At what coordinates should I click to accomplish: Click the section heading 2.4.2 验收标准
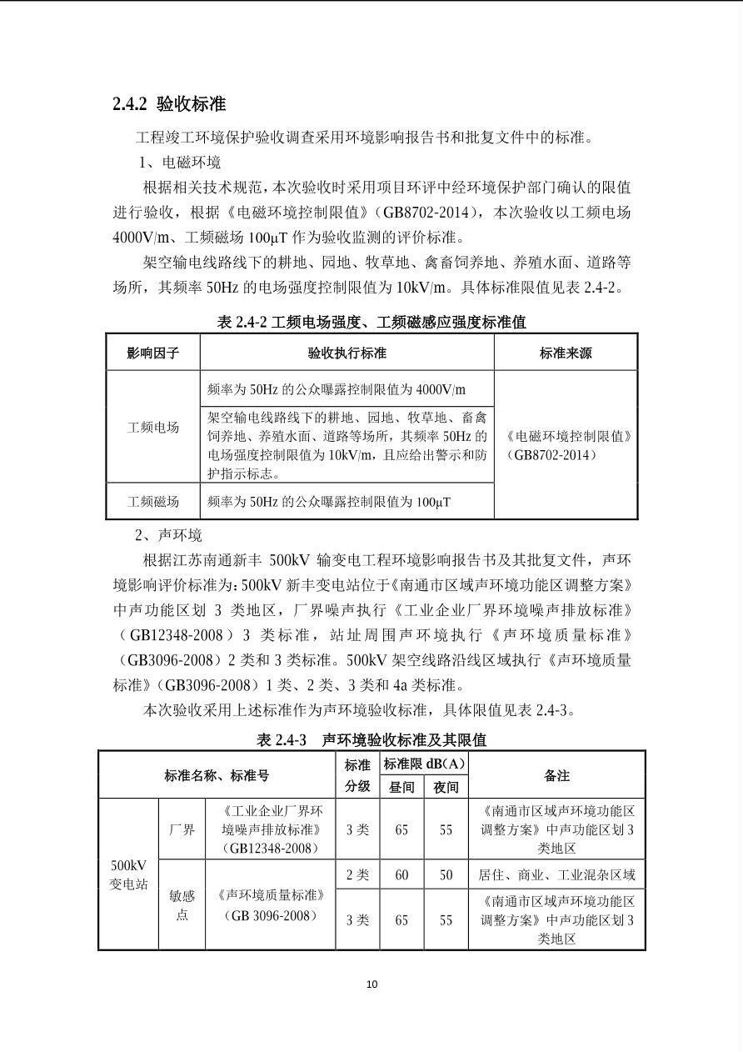169,104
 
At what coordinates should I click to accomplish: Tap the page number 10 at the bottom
371,984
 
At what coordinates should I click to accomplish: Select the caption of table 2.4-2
371,322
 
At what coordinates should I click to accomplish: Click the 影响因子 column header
152,353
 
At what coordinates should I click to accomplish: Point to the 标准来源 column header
565,353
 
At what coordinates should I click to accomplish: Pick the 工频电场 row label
152,427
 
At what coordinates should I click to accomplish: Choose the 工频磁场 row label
152,501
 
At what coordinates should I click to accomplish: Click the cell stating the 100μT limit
329,501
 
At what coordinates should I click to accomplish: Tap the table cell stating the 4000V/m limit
337,389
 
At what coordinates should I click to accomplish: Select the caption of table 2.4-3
371,739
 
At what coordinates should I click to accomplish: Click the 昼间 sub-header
401,786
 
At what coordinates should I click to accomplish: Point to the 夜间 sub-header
446,786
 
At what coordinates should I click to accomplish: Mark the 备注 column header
556,775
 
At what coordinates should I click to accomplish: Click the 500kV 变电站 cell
128,874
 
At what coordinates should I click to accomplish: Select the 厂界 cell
182,829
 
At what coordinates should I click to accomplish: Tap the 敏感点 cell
182,904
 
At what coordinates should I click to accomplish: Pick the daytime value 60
401,874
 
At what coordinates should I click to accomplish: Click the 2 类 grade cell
357,874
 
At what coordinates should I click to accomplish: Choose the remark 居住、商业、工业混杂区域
556,874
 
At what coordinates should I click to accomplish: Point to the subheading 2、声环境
169,534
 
